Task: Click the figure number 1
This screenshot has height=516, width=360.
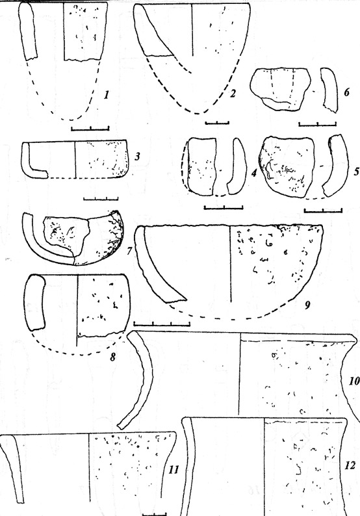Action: pyautogui.click(x=106, y=95)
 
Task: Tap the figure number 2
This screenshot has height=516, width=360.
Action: pyautogui.click(x=233, y=94)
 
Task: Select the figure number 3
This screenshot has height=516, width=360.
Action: pyautogui.click(x=137, y=156)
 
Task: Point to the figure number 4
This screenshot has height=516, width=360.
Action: pyautogui.click(x=253, y=173)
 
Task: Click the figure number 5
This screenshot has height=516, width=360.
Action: pyautogui.click(x=355, y=172)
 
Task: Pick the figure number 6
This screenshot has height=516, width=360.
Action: pyautogui.click(x=346, y=92)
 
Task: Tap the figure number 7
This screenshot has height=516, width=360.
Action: pyautogui.click(x=129, y=251)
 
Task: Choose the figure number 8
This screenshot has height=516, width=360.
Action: pyautogui.click(x=112, y=357)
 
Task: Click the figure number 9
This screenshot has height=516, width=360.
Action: pyautogui.click(x=307, y=305)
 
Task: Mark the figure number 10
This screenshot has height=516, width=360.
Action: pyautogui.click(x=354, y=381)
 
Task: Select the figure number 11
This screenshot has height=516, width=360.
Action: pyautogui.click(x=174, y=469)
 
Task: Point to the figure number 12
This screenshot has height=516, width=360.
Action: pyautogui.click(x=350, y=466)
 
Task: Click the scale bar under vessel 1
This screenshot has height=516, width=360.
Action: pyautogui.click(x=90, y=128)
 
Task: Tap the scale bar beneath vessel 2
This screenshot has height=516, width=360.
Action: pyautogui.click(x=217, y=123)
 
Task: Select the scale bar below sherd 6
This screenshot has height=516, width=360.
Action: pyautogui.click(x=318, y=123)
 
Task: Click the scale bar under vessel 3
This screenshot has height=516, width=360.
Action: pyautogui.click(x=101, y=198)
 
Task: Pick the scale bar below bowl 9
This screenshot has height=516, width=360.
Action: pyautogui.click(x=162, y=324)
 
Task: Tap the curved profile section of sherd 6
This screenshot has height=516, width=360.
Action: pyautogui.click(x=329, y=90)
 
